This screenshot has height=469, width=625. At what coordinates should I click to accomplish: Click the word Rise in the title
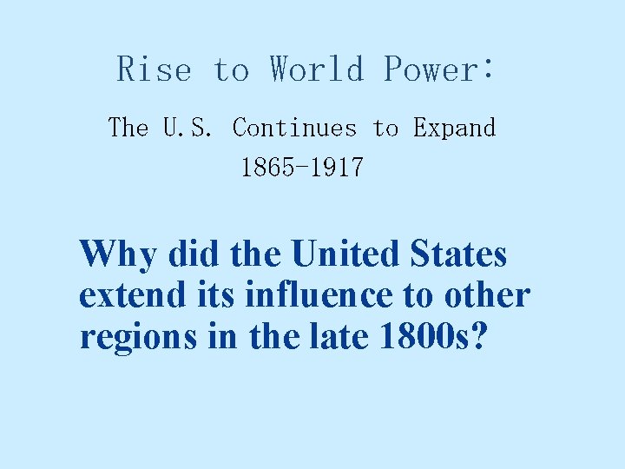coord(154,69)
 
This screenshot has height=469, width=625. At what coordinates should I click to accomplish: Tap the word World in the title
coord(317,69)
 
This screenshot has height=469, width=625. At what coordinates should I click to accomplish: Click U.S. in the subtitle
coord(187,129)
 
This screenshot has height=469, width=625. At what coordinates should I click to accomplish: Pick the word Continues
coord(294,129)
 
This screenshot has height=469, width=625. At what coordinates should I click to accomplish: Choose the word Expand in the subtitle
coord(454,129)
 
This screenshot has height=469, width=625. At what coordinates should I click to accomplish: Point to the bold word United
coord(343,254)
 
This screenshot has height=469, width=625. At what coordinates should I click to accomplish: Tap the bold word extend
coord(130,295)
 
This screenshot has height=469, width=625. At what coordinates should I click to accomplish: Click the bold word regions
coord(134,337)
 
